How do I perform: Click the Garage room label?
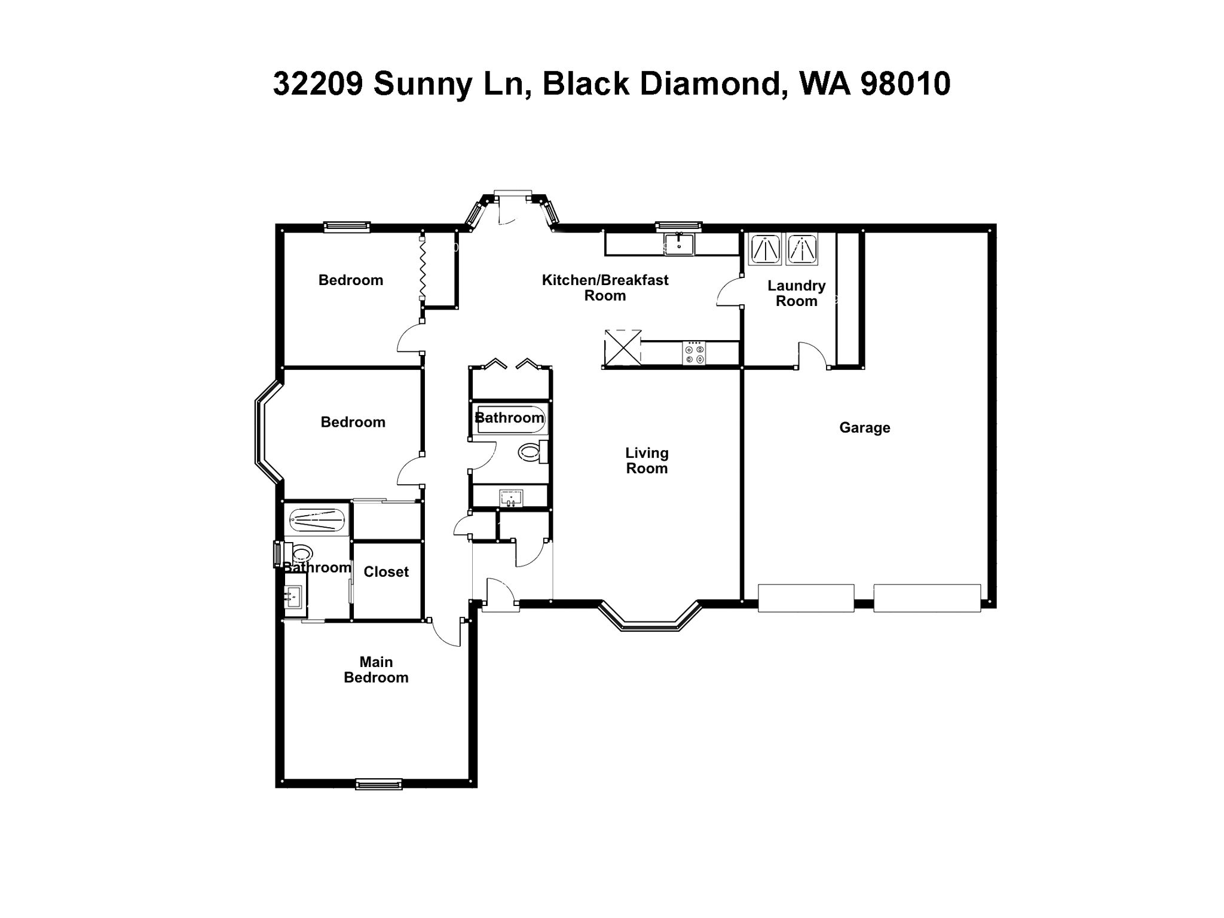click(x=864, y=427)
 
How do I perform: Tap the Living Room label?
click(x=647, y=461)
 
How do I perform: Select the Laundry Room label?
click(x=796, y=293)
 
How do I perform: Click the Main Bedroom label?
click(x=376, y=669)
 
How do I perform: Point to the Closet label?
click(x=386, y=572)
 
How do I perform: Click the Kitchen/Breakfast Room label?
click(x=605, y=287)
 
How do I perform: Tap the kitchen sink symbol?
click(x=679, y=244)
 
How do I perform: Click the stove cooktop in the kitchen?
click(x=694, y=353)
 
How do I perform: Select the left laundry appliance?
click(x=765, y=249)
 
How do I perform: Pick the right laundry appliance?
click(x=802, y=249)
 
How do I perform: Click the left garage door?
click(x=806, y=598)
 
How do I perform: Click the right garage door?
click(x=927, y=598)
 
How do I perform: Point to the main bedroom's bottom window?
click(x=379, y=784)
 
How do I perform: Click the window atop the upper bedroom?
click(x=347, y=227)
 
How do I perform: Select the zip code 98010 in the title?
click(x=905, y=84)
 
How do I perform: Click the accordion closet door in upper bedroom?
click(x=422, y=268)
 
